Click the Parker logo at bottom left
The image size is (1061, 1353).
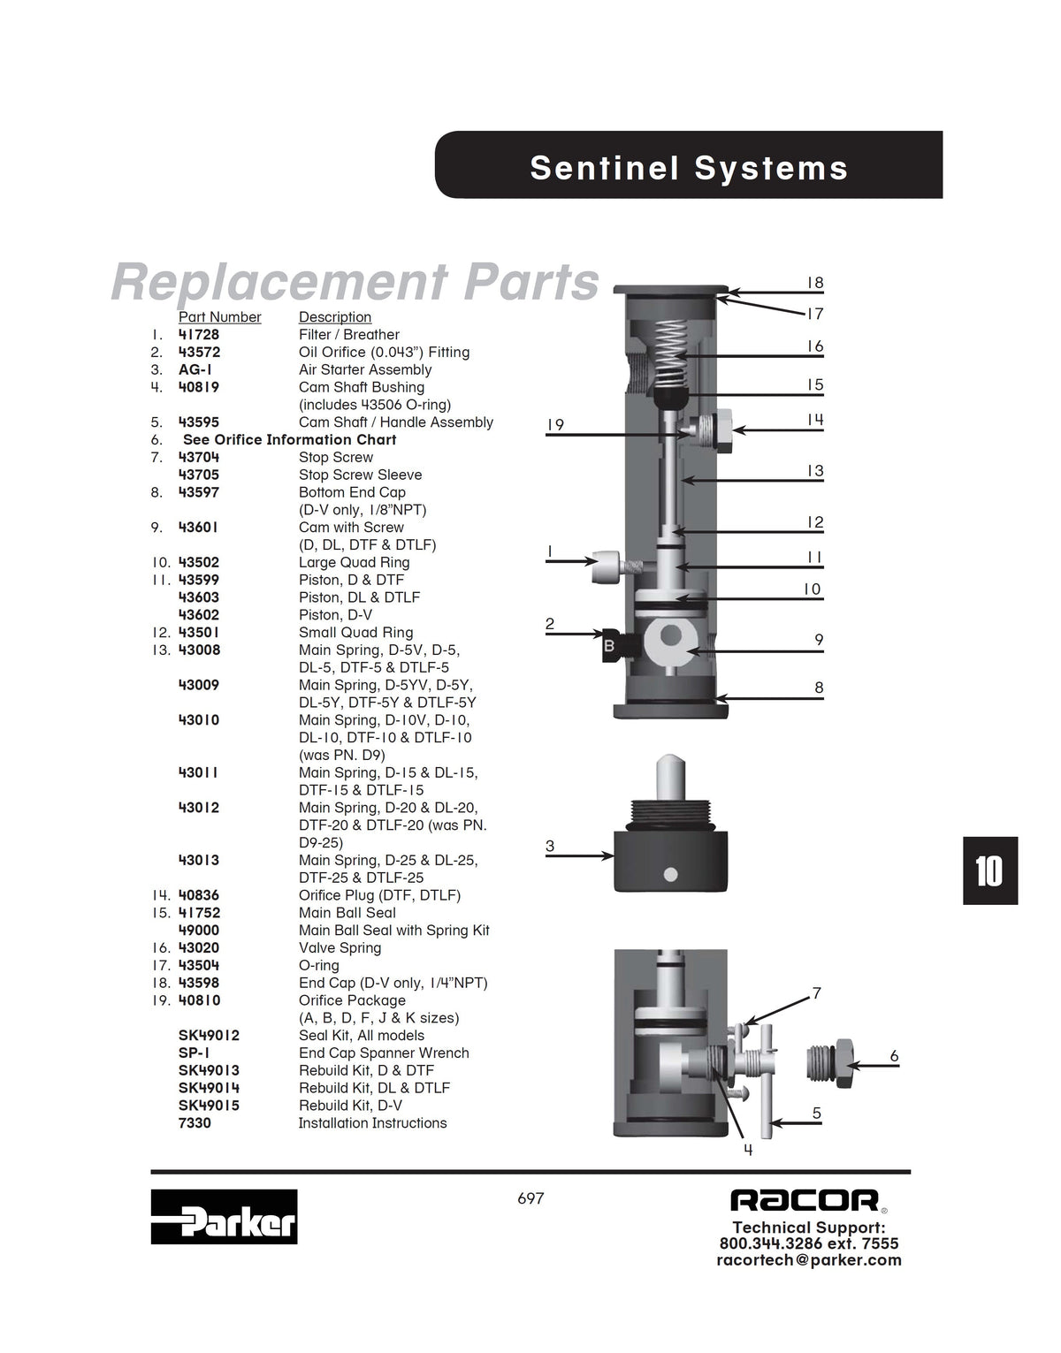click(224, 1217)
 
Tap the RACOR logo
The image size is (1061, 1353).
click(806, 1201)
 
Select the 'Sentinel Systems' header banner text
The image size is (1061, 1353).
click(689, 168)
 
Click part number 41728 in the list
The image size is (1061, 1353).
click(199, 334)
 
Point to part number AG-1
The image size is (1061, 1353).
click(195, 369)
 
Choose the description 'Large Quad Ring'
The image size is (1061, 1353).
click(354, 562)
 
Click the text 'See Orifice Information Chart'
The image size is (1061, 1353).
click(289, 439)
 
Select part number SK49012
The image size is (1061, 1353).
click(209, 1036)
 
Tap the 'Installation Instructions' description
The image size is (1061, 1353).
click(372, 1122)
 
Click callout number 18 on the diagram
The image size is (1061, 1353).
click(815, 283)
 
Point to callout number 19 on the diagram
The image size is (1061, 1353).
click(555, 425)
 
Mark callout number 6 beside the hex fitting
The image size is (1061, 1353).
click(894, 1056)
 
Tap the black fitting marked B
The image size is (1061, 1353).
click(618, 646)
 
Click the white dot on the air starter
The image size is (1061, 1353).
click(670, 874)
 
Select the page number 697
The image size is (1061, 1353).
click(530, 1198)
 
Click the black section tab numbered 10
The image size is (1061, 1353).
click(990, 870)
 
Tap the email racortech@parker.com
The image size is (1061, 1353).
click(809, 1259)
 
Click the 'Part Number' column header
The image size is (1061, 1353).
click(220, 317)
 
